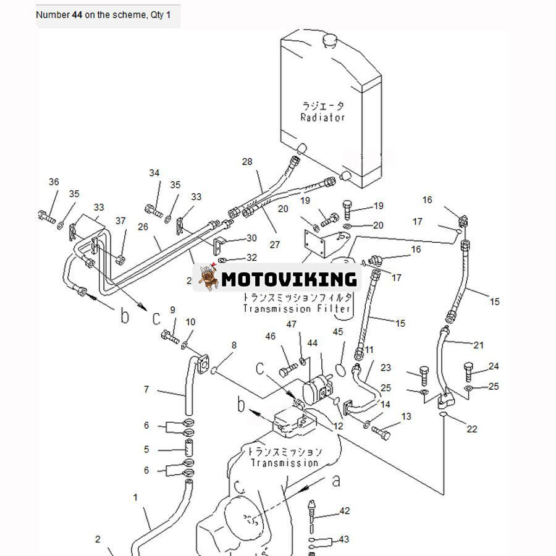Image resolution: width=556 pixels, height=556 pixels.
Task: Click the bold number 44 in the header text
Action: tap(77, 14)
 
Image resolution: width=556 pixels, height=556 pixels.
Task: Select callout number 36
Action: tap(54, 182)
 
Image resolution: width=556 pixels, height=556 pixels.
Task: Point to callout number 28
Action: tap(247, 162)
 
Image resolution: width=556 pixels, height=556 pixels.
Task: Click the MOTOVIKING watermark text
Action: tap(289, 279)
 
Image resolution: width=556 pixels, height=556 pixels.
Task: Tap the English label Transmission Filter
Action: tap(297, 308)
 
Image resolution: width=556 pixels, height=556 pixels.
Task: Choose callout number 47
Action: tap(291, 324)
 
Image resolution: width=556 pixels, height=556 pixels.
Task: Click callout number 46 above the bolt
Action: tap(270, 336)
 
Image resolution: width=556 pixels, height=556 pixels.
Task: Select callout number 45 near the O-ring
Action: tap(338, 332)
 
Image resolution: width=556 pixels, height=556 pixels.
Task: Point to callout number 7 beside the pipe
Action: tap(146, 389)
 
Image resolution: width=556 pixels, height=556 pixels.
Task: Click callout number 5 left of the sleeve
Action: tap(146, 450)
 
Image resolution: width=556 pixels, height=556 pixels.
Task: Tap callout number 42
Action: tap(345, 511)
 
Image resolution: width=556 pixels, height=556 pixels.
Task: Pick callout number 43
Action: tap(344, 540)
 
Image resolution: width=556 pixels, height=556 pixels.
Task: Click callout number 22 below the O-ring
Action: tap(472, 429)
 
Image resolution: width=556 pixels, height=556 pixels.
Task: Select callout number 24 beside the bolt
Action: tap(493, 366)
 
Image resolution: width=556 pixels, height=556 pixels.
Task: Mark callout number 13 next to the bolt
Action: tap(406, 417)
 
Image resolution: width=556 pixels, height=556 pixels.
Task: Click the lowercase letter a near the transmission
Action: tap(336, 481)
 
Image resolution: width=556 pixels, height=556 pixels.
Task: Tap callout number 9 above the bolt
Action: tap(172, 310)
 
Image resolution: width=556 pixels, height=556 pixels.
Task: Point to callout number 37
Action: tap(120, 221)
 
